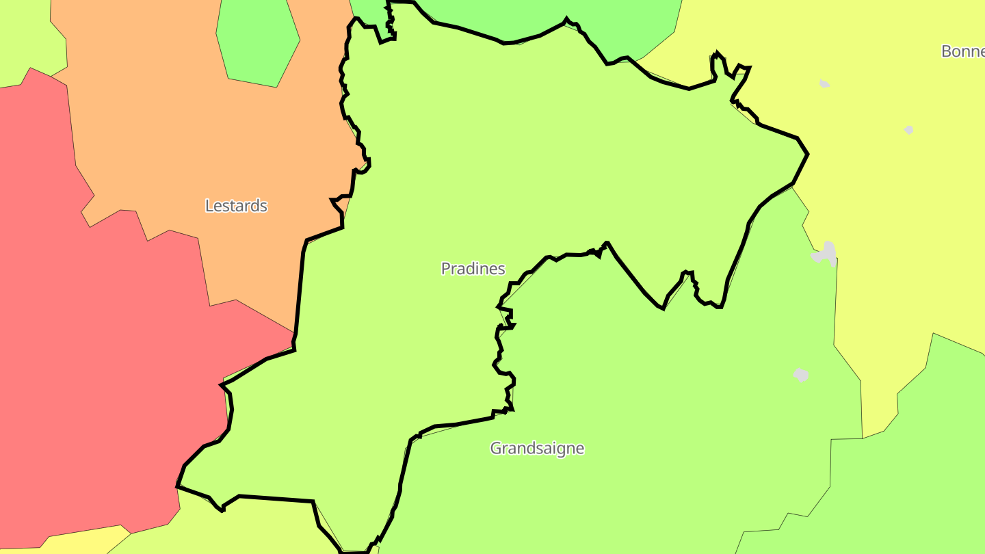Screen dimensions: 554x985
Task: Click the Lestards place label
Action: click(x=236, y=206)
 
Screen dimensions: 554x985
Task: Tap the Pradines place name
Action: click(x=473, y=269)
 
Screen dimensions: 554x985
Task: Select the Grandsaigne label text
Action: click(x=537, y=449)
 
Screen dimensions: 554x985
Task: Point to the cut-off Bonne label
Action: click(x=962, y=51)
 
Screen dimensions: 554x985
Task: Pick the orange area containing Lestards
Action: click(x=171, y=137)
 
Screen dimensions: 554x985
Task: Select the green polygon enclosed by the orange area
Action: click(x=257, y=41)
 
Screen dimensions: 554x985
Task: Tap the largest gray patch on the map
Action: click(x=826, y=254)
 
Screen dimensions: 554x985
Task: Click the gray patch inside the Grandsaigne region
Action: click(x=800, y=375)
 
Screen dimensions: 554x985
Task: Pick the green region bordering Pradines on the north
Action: click(x=547, y=17)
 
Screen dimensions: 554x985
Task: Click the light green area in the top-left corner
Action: click(x=27, y=41)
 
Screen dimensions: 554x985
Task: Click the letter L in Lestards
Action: click(x=209, y=206)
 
